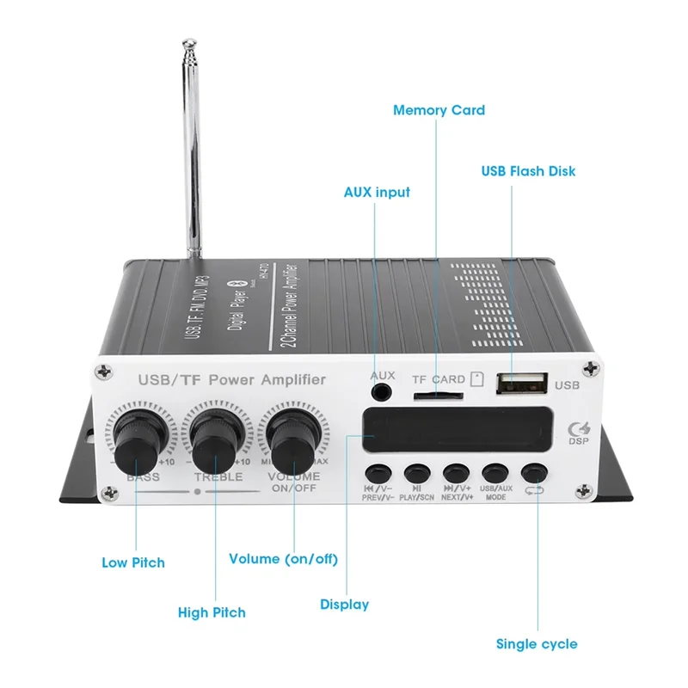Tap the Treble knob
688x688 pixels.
coord(215,441)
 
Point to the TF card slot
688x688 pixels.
coord(437,396)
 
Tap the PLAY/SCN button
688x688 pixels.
coord(416,474)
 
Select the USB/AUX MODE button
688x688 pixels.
coord(494,474)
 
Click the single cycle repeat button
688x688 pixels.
coord(534,474)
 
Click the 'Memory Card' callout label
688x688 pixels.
coord(439,110)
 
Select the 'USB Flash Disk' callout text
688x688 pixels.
coord(528,171)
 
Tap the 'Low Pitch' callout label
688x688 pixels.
coord(133,562)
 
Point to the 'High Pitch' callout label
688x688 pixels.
coord(212,612)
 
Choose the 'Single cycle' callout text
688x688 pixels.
coord(537,643)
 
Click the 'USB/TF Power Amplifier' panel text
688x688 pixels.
coord(232,379)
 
